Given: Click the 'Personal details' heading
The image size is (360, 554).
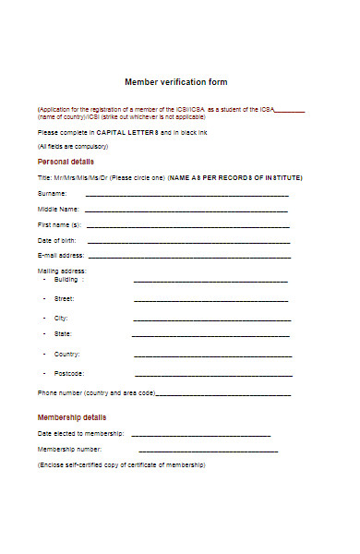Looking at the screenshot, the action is click(66, 161).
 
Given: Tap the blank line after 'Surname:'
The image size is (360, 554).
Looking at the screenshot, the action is click(187, 196).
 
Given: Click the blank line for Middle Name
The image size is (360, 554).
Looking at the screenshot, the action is click(187, 211).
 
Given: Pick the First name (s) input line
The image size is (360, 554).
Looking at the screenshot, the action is click(187, 226).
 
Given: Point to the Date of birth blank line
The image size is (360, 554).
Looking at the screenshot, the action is click(187, 242).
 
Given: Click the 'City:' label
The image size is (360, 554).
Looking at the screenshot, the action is click(62, 318).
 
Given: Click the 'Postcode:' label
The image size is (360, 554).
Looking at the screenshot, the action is click(69, 373).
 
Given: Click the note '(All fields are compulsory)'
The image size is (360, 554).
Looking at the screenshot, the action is click(73, 147).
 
